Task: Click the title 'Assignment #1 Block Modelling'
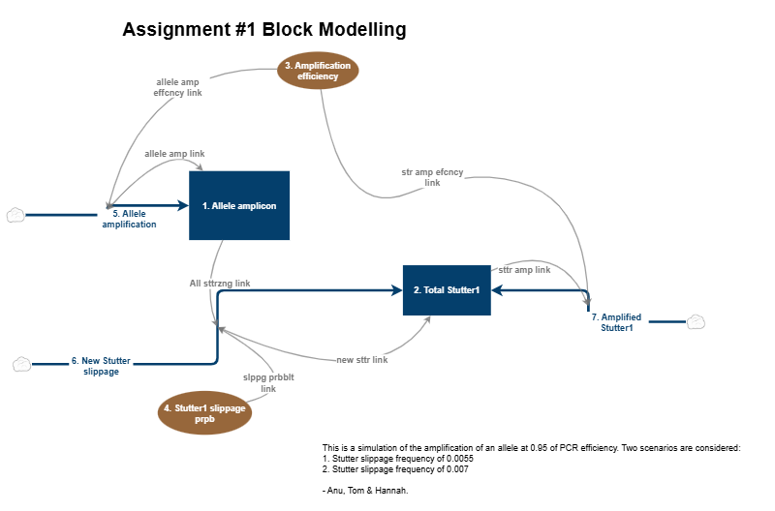[263, 30]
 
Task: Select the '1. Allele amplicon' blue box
[239, 206]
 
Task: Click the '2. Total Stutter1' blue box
[447, 290]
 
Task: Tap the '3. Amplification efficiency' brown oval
[317, 71]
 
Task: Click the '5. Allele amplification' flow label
[129, 218]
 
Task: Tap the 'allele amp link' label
[174, 154]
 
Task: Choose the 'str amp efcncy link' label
[432, 176]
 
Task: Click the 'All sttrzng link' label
[220, 283]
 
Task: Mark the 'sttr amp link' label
[524, 270]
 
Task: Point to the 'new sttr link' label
[361, 359]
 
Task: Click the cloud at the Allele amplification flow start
[15, 215]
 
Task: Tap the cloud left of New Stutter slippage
[21, 364]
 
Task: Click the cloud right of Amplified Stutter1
[695, 321]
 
